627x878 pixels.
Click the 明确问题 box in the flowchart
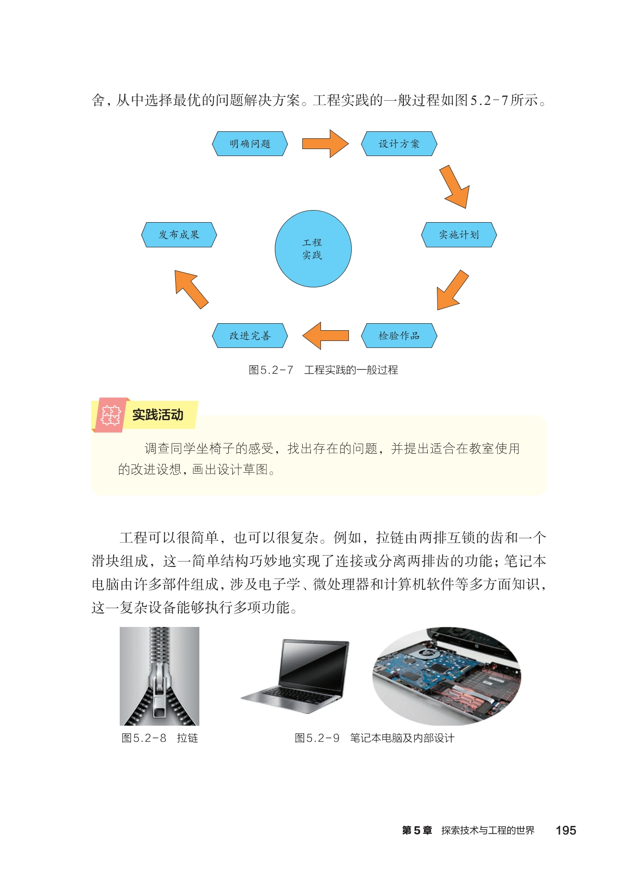click(250, 143)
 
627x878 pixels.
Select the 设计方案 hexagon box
click(399, 143)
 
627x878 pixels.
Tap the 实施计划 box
click(459, 235)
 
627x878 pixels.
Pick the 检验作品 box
click(399, 335)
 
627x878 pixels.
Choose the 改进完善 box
click(250, 335)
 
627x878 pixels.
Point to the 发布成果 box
click(179, 235)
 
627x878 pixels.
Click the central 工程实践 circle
click(313, 249)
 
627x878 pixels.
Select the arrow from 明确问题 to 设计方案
click(326, 143)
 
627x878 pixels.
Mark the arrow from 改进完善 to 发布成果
click(191, 289)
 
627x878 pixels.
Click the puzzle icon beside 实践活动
click(110, 415)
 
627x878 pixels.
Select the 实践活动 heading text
click(157, 415)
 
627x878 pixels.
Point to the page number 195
click(566, 830)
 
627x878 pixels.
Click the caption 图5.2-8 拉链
click(160, 738)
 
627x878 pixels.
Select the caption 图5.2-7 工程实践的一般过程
click(323, 370)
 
